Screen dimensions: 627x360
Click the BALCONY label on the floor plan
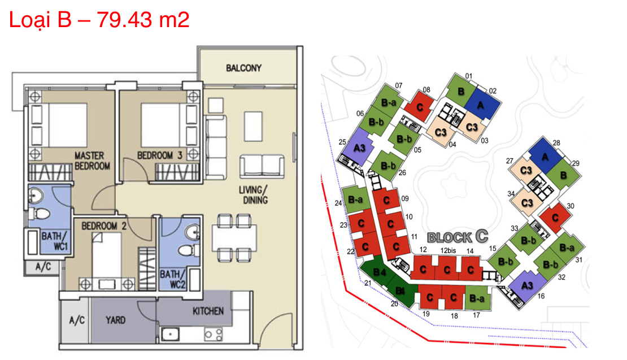243,68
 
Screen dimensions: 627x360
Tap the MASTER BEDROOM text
92,161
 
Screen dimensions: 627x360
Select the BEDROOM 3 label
159,155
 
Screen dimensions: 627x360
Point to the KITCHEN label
208,311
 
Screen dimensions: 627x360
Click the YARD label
115,320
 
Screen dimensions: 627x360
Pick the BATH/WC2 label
172,279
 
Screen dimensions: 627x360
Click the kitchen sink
171,334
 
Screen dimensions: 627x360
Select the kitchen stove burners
213,334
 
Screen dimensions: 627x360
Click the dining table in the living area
234,237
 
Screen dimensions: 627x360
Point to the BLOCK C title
458,237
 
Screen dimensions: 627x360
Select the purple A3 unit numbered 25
358,146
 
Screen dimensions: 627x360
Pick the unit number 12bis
448,250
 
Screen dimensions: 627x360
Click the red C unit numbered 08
420,106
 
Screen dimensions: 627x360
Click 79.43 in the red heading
124,19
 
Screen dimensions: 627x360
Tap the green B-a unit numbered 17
477,298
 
